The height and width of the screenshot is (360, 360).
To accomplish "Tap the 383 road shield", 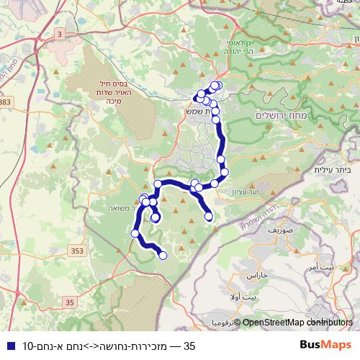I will (6, 104).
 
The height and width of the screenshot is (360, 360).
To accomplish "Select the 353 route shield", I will (78, 250).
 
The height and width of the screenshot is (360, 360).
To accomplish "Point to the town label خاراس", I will (257, 276).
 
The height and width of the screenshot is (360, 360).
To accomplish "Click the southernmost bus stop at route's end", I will (163, 255).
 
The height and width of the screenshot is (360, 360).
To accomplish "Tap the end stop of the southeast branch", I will (210, 216).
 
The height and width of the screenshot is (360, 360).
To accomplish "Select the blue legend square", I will (7, 346).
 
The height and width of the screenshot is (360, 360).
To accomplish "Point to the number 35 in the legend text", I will (190, 346).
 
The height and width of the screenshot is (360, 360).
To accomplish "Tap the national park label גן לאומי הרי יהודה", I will (233, 48).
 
